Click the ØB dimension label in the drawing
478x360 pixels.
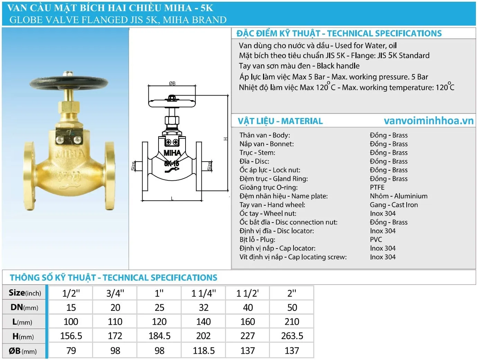172,83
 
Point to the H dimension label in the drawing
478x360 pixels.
225,139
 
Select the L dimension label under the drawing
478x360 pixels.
172,198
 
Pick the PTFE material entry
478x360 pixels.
377,187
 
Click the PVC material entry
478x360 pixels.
376,240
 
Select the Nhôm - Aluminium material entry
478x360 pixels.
398,196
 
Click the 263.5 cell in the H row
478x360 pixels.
292,336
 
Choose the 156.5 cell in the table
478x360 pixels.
71,336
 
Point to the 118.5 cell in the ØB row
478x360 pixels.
204,351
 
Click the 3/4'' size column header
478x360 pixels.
115,293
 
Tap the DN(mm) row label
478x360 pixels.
24,307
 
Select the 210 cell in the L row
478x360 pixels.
292,322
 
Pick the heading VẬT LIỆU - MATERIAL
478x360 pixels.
280,121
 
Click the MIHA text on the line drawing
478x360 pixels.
172,153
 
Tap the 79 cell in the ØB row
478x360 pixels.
71,351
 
